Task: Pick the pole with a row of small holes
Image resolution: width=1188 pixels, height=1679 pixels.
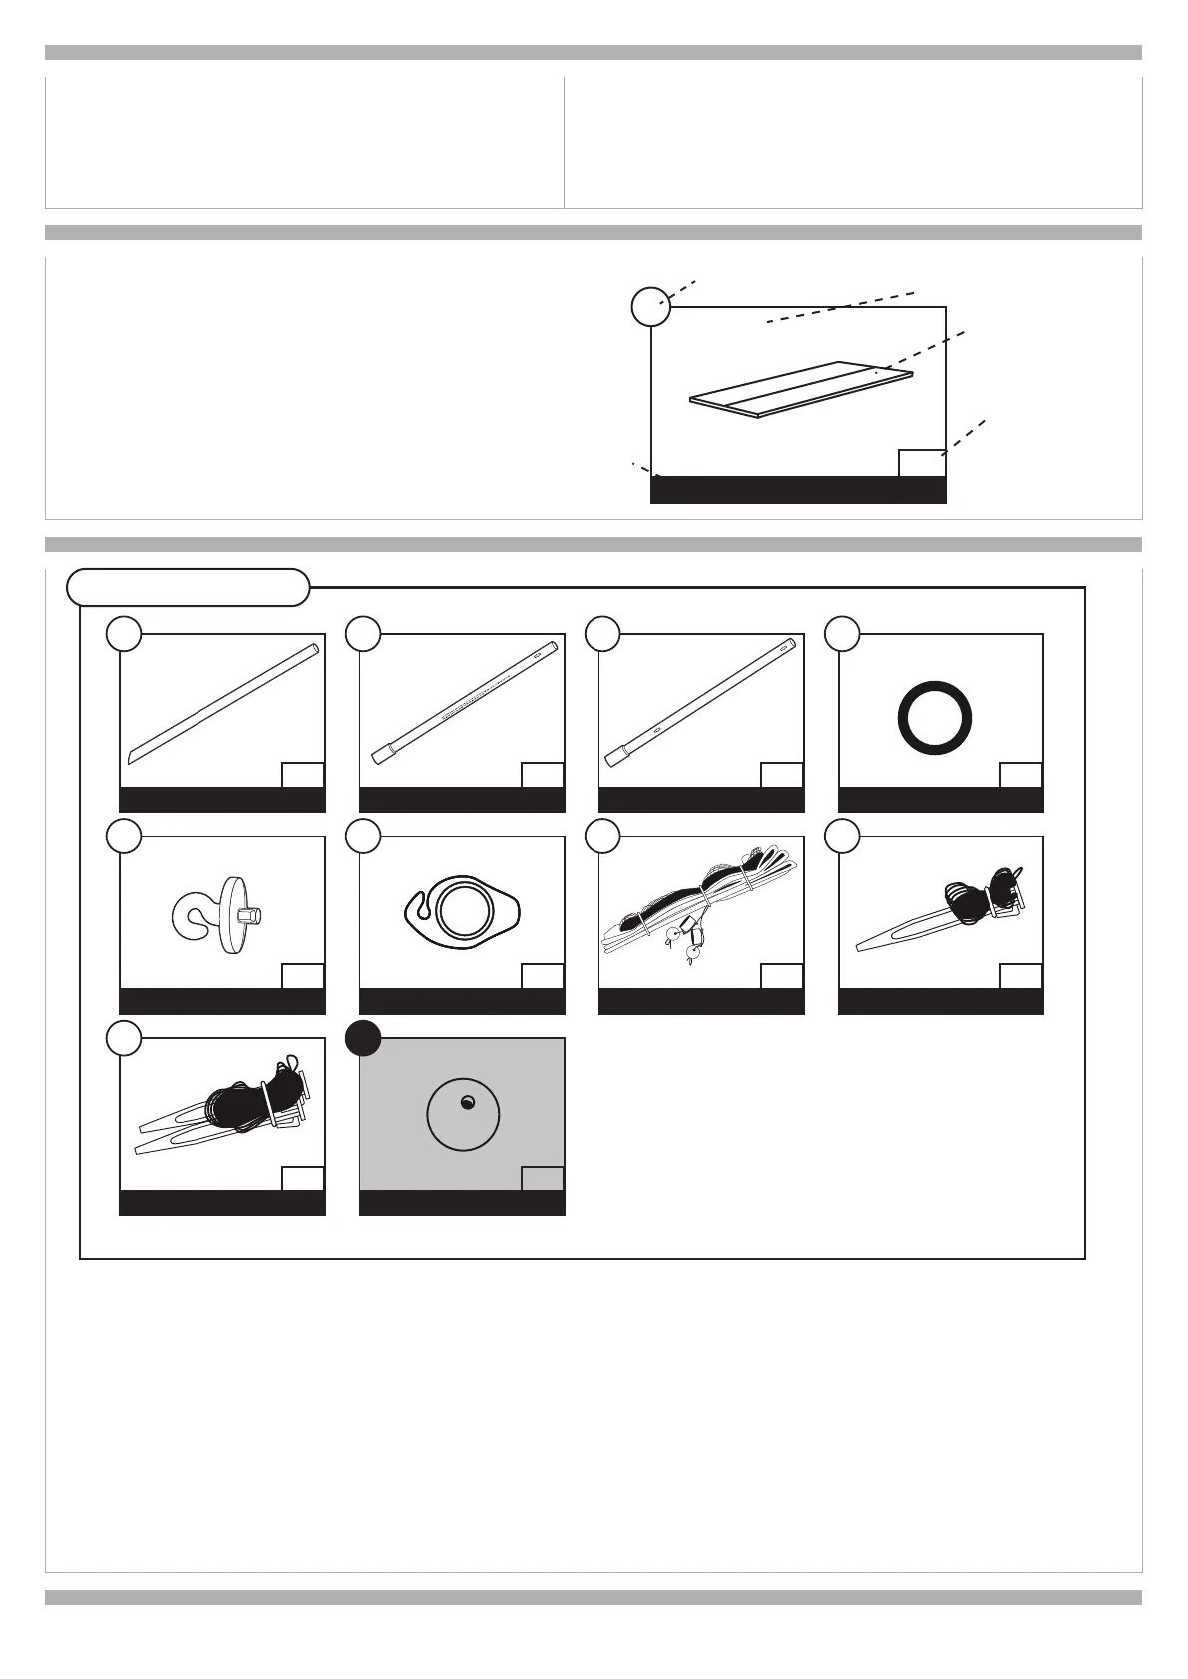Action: point(463,703)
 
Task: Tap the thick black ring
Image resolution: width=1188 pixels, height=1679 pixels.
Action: point(935,719)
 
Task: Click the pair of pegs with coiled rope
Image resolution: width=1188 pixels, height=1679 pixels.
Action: point(224,1107)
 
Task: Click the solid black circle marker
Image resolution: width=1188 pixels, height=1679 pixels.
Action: point(363,1039)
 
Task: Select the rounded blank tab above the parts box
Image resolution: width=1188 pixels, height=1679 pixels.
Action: point(188,587)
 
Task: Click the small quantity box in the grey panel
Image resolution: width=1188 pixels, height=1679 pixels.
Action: point(542,1178)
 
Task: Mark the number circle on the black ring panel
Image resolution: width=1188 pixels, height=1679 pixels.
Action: point(843,635)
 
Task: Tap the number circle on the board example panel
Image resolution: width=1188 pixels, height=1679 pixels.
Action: point(651,306)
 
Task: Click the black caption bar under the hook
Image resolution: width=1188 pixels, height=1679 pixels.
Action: point(222,1001)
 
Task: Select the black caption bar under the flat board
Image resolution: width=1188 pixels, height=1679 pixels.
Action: point(798,490)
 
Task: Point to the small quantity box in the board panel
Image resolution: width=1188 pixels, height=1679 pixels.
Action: point(921,463)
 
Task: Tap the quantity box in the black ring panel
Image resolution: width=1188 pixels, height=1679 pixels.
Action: point(1020,775)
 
